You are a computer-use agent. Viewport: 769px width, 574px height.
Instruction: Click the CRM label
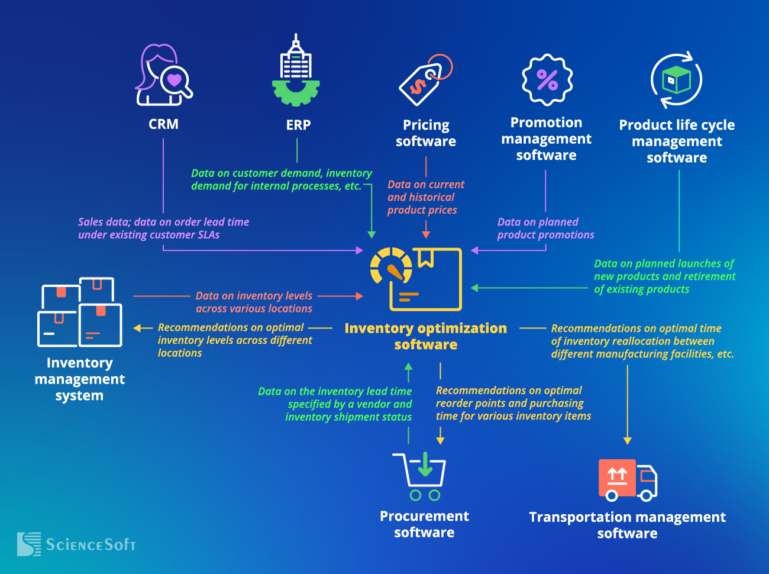coord(163,124)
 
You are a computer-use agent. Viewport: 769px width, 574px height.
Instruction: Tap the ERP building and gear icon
coord(296,72)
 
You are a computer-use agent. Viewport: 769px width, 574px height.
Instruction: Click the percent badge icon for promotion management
coord(547,80)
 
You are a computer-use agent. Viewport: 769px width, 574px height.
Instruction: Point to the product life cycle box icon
coord(676,80)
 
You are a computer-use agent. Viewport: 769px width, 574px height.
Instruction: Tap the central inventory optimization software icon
coord(416,279)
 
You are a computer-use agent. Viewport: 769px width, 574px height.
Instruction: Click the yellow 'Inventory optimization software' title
coord(425,336)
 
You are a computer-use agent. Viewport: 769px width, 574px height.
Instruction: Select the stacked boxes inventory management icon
coord(80,312)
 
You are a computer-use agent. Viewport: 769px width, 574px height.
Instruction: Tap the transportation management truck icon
coord(628,479)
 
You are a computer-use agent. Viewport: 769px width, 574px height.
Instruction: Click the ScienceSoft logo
coord(77,544)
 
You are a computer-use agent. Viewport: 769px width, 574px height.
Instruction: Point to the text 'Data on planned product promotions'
coord(545,228)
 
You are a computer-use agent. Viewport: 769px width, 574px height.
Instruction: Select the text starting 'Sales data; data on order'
coord(163,228)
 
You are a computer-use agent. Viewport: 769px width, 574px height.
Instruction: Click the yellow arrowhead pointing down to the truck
coord(628,441)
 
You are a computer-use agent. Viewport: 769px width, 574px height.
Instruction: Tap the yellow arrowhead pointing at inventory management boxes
coord(137,328)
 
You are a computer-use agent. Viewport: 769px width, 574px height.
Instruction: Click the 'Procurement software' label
coord(424,524)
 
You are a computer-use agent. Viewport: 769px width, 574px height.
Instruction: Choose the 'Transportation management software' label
coord(627,525)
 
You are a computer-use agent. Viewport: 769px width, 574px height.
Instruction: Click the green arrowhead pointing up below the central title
coord(408,367)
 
